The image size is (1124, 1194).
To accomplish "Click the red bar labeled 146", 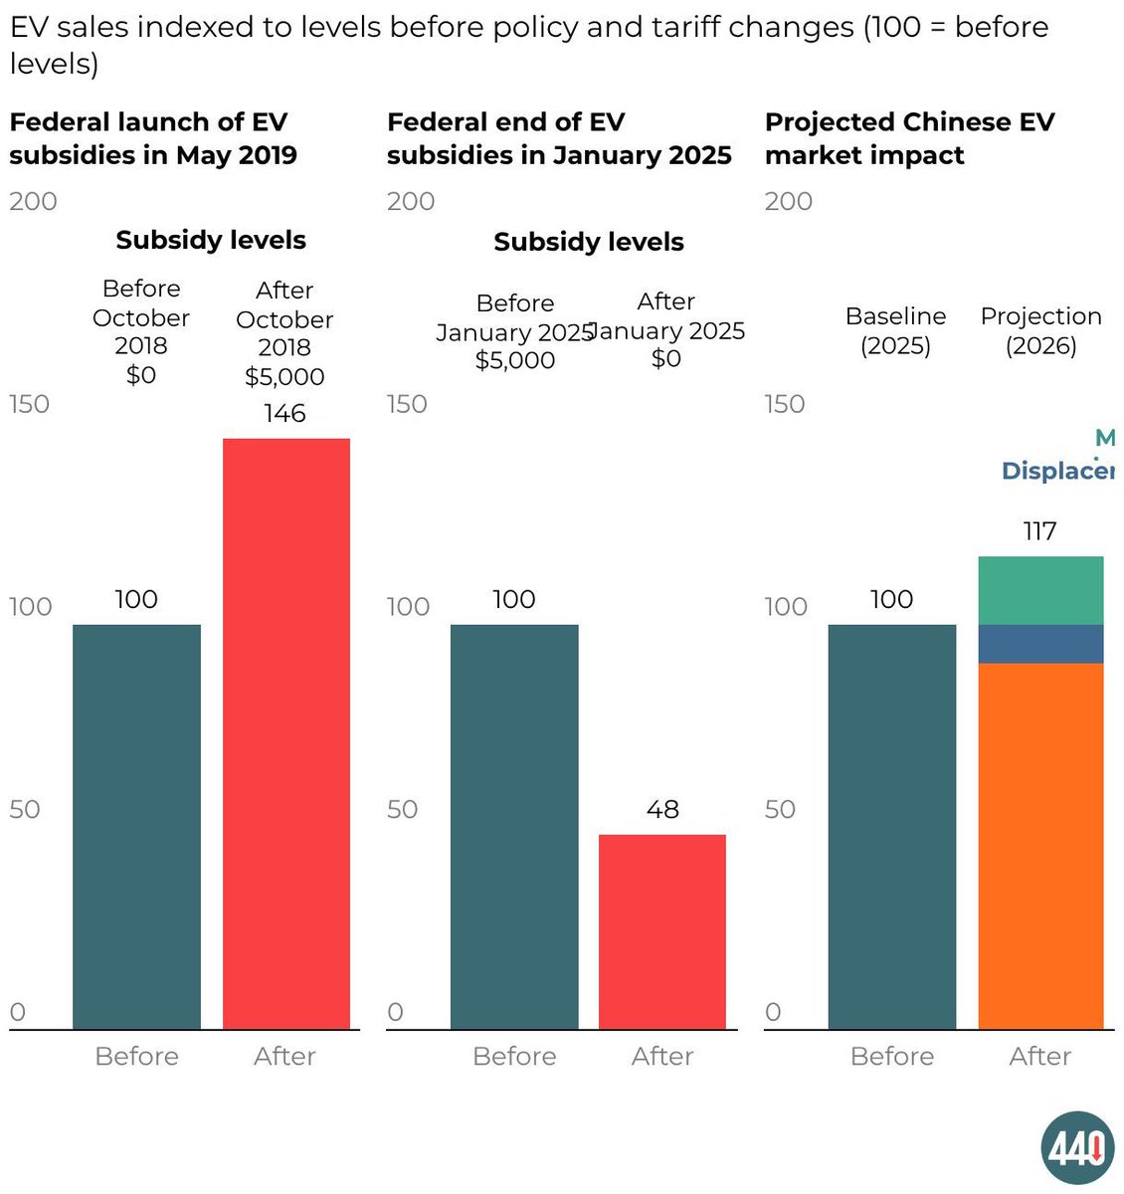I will pyautogui.click(x=286, y=733).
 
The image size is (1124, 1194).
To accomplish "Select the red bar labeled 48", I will pyautogui.click(x=662, y=931).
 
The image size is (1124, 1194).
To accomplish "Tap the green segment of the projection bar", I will pyautogui.click(x=1040, y=590).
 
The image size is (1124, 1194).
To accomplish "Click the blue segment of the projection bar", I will pyautogui.click(x=1040, y=644).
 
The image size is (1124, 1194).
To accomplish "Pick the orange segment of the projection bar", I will pyautogui.click(x=1040, y=846).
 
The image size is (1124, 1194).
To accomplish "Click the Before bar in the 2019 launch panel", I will pyautogui.click(x=136, y=826).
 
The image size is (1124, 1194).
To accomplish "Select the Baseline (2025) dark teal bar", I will pyautogui.click(x=892, y=826).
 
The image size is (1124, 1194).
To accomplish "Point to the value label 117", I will pyautogui.click(x=1039, y=531).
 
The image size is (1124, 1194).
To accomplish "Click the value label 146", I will pyautogui.click(x=284, y=413).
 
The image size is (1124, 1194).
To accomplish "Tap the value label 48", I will pyautogui.click(x=662, y=809).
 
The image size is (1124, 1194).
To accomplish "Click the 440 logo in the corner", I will pyautogui.click(x=1078, y=1148).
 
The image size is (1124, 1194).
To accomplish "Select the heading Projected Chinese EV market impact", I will pyautogui.click(x=909, y=138).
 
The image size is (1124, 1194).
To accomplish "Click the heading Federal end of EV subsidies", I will pyautogui.click(x=559, y=138).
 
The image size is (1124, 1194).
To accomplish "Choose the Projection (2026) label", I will pyautogui.click(x=1040, y=330).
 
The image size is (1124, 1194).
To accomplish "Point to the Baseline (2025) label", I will pyautogui.click(x=895, y=330).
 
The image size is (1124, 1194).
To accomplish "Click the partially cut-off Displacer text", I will pyautogui.click(x=1057, y=471).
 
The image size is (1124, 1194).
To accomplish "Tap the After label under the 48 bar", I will pyautogui.click(x=662, y=1056).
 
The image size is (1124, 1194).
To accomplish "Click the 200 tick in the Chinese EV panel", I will pyautogui.click(x=789, y=202).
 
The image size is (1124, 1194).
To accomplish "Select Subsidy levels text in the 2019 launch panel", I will pyautogui.click(x=211, y=240).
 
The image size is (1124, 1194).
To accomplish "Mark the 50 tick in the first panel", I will pyautogui.click(x=25, y=809).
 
